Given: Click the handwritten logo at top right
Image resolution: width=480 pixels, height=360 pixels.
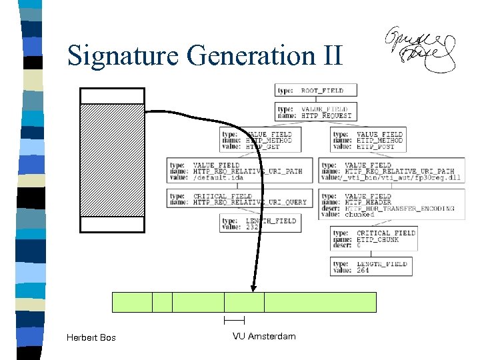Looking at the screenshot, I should pyautogui.click(x=421, y=50).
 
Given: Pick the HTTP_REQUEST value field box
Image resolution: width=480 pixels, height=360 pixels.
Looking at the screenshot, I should pyautogui.click(x=314, y=111).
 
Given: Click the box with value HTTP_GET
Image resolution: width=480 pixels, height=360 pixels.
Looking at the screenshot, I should pyautogui.click(x=257, y=141).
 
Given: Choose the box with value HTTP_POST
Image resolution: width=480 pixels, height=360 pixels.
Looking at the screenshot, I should pyautogui.click(x=368, y=141).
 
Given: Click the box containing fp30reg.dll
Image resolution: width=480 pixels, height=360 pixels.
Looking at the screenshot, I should pyautogui.click(x=391, y=171).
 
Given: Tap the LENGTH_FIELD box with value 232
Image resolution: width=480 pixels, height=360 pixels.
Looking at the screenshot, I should pyautogui.click(x=260, y=223).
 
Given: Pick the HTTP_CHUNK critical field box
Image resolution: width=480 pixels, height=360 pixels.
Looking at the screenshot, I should pyautogui.click(x=374, y=239).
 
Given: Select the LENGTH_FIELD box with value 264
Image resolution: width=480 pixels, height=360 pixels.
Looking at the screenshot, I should pyautogui.click(x=369, y=267).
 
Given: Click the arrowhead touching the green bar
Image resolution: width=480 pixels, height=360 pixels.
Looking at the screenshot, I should pyautogui.click(x=253, y=286).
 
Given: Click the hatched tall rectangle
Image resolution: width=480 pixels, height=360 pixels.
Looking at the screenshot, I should pyautogui.click(x=112, y=160).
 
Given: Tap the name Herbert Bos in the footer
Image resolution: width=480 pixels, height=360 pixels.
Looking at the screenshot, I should pyautogui.click(x=91, y=337).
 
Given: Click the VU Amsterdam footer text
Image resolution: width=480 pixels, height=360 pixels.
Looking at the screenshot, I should pyautogui.click(x=264, y=336).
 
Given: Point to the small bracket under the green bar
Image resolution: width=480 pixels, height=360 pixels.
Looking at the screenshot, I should pyautogui.click(x=235, y=321).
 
